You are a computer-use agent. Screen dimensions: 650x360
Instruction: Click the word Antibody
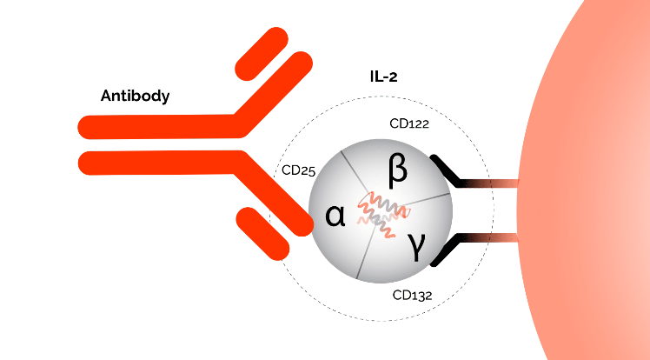click(x=136, y=96)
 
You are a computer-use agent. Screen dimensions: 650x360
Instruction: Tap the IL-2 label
click(x=384, y=77)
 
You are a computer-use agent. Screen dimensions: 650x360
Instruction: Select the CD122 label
click(x=409, y=123)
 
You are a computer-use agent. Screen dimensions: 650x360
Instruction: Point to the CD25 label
click(x=298, y=170)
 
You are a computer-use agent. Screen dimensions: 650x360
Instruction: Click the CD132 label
click(x=412, y=296)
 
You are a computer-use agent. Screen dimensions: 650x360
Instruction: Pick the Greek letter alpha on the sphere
click(x=335, y=216)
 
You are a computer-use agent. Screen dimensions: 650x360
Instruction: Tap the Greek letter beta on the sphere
click(x=397, y=171)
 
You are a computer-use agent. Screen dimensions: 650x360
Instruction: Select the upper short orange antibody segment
click(x=262, y=54)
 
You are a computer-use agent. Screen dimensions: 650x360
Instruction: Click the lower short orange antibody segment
click(x=262, y=234)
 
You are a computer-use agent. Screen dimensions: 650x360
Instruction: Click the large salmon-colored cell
click(x=585, y=180)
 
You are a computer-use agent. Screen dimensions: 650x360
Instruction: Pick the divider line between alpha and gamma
click(x=366, y=254)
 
